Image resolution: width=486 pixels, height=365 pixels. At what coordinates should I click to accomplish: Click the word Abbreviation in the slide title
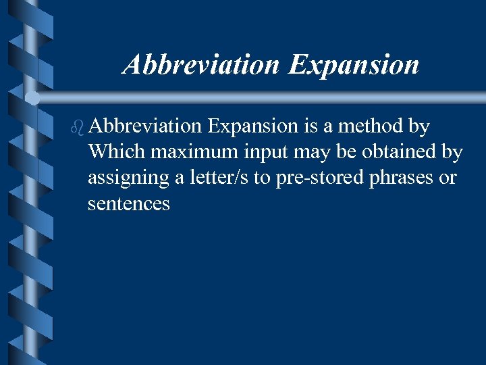(x=201, y=66)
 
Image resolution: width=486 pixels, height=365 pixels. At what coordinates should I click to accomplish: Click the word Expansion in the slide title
(x=353, y=66)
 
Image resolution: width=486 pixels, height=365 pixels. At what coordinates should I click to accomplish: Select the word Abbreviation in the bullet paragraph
(x=144, y=126)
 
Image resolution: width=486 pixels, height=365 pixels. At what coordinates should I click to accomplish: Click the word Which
(x=116, y=152)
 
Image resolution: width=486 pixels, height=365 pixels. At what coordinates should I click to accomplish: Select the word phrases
(x=402, y=178)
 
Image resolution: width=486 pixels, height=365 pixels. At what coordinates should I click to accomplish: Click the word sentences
(x=128, y=203)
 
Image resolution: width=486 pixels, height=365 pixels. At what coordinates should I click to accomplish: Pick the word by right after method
(x=419, y=126)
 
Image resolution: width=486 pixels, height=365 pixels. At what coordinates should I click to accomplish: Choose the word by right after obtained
(x=452, y=152)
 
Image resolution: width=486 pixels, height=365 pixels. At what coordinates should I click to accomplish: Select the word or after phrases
(x=448, y=178)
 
